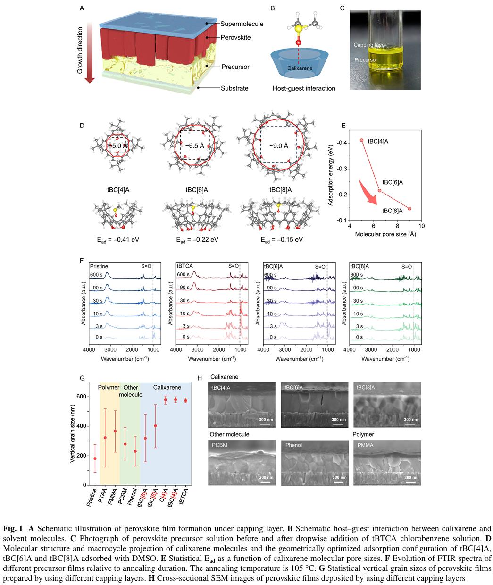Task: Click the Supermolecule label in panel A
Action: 241,24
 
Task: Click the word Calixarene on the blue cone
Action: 300,68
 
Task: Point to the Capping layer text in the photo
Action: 370,45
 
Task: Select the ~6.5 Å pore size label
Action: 194,145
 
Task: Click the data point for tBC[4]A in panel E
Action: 362,140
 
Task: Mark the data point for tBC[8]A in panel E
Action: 409,208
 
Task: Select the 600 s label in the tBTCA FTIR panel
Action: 184,275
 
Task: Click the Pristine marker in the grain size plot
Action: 95,458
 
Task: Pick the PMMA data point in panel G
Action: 115,431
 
